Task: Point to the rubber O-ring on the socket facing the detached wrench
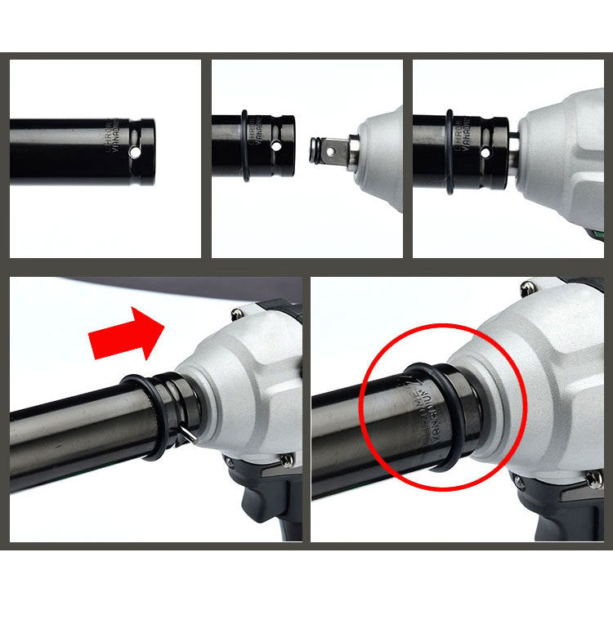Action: click(x=245, y=145)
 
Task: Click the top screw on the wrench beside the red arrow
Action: click(x=238, y=312)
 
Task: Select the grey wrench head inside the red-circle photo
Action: click(x=539, y=367)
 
